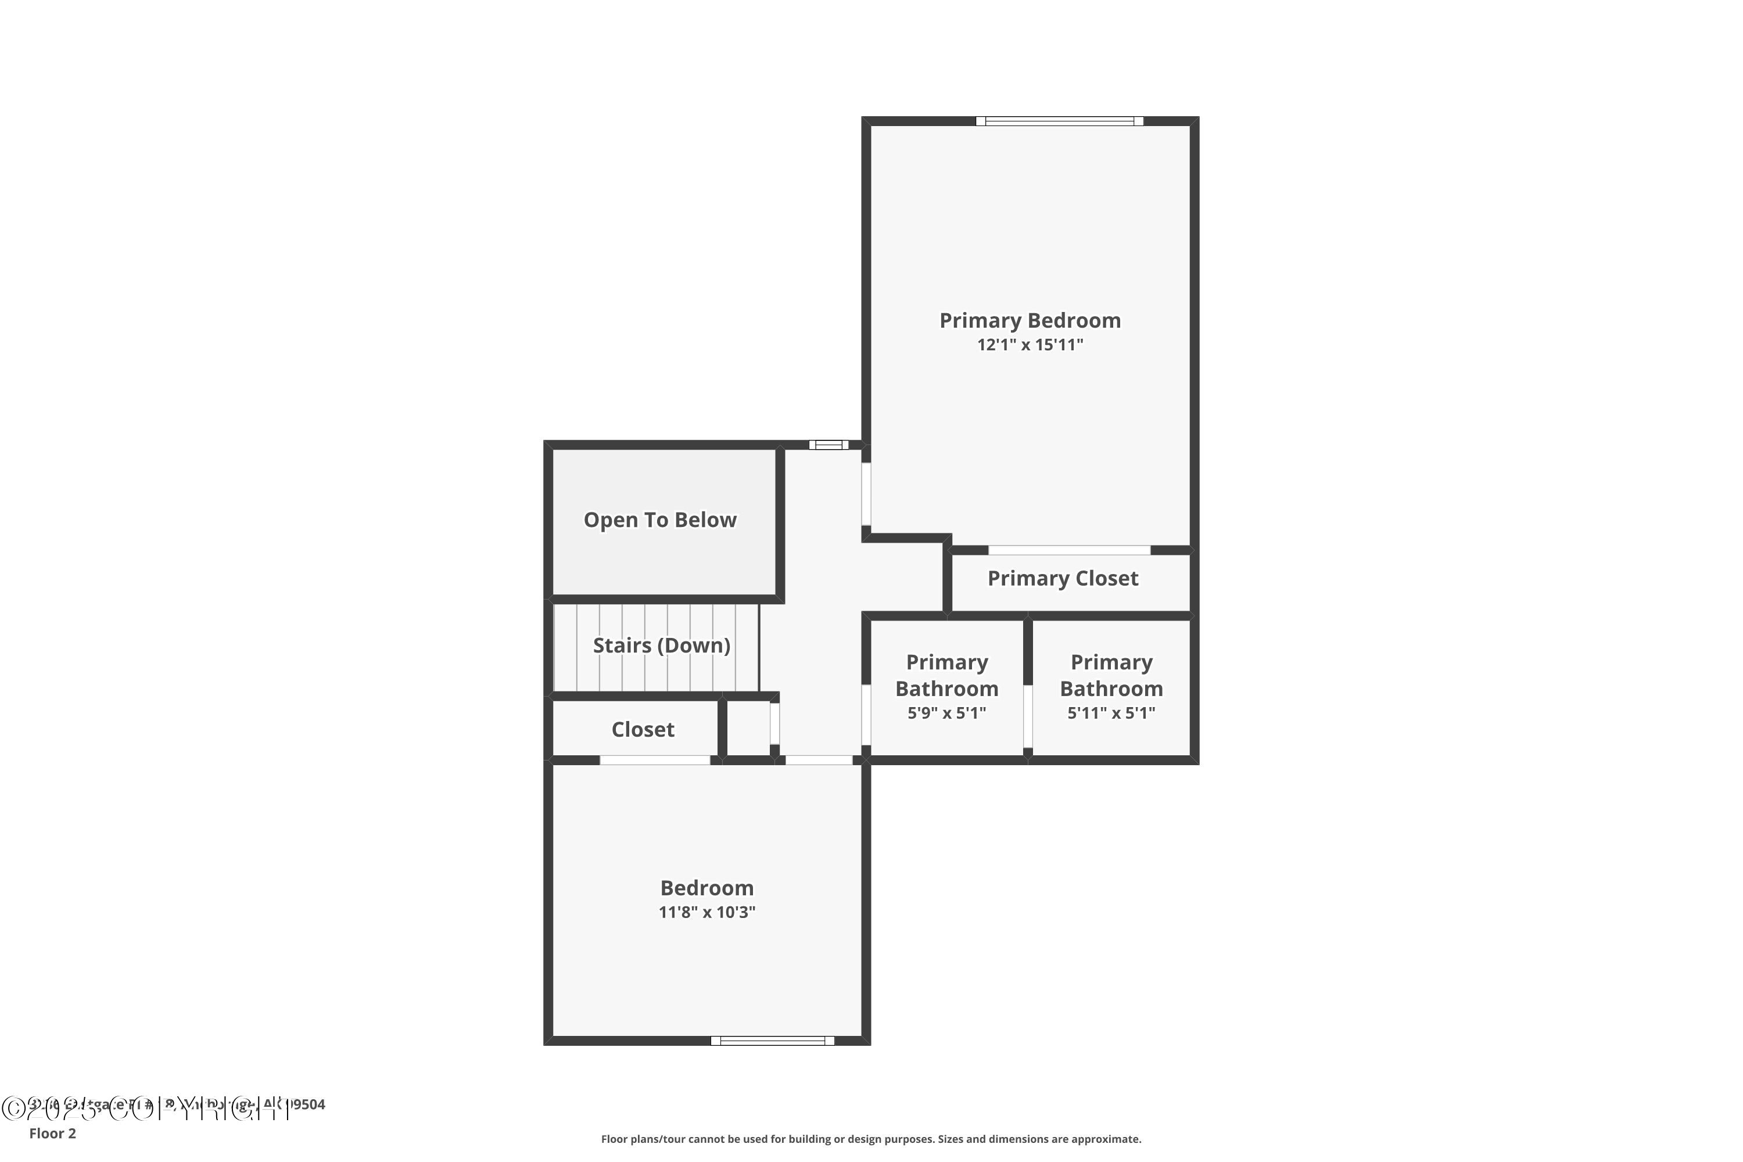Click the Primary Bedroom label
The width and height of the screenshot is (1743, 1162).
coord(1030,320)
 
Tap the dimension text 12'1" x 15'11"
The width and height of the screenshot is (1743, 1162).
coord(1030,345)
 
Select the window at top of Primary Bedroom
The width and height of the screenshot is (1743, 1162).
coord(1059,121)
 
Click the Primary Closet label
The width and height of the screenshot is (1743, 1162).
coord(1062,578)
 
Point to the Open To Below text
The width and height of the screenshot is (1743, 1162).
coord(659,519)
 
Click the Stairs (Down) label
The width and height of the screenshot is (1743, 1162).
coord(661,645)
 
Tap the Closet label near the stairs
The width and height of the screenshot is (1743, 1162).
coord(643,729)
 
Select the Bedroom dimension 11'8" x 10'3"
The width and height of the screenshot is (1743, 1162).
coord(706,912)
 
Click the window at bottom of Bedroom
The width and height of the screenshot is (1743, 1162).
coord(772,1041)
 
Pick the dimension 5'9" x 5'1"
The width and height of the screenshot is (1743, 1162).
coord(946,713)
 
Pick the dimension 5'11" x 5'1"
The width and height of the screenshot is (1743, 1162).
coord(1111,713)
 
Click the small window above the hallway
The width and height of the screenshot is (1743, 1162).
coord(829,444)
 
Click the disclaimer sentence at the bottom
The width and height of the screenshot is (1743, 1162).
coord(871,1139)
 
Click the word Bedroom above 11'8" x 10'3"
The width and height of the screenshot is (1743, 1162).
coord(706,888)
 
